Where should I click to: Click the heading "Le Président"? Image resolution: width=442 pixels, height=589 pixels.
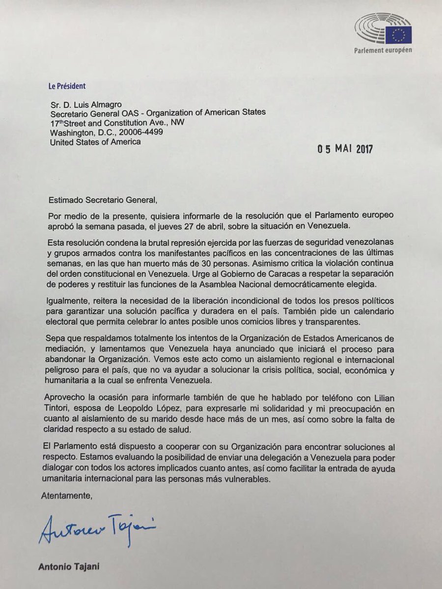click(x=67, y=85)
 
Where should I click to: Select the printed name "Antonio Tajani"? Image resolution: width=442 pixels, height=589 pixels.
click(x=68, y=567)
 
